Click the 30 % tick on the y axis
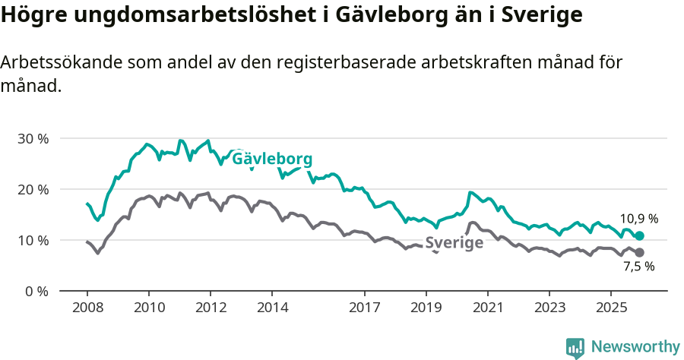pyautogui.click(x=33, y=139)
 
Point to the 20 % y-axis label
pyautogui.click(x=33, y=189)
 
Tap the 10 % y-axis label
pyautogui.click(x=33, y=240)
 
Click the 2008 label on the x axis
pyautogui.click(x=87, y=308)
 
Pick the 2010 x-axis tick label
pyautogui.click(x=148, y=308)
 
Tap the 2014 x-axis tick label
pyautogui.click(x=272, y=308)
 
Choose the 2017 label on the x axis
pyautogui.click(x=364, y=308)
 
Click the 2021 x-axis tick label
pyautogui.click(x=487, y=308)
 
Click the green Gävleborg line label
pyautogui.click(x=272, y=160)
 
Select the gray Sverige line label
pyautogui.click(x=454, y=243)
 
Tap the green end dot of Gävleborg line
pyautogui.click(x=639, y=236)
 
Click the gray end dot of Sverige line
pyautogui.click(x=639, y=252)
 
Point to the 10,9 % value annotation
pyautogui.click(x=638, y=219)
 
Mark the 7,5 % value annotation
pyautogui.click(x=638, y=267)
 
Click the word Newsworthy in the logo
pyautogui.click(x=635, y=347)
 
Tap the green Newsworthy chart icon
pyautogui.click(x=575, y=348)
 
